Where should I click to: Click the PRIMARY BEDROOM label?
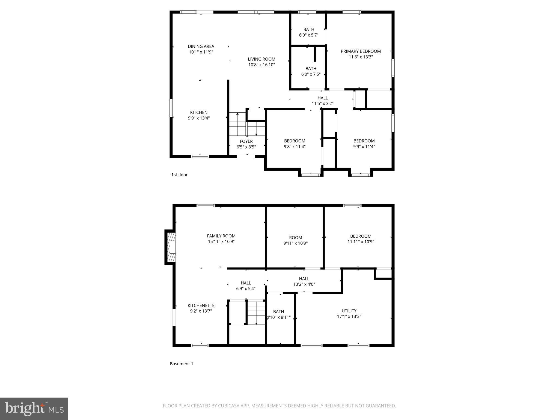(x=361, y=51)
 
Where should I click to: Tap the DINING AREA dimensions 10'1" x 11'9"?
(x=201, y=52)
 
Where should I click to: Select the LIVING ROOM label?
(x=261, y=59)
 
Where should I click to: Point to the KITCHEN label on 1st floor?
(x=199, y=112)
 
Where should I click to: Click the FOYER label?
(x=246, y=141)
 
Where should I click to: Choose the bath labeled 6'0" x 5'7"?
(x=309, y=32)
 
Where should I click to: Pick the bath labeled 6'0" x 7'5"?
(x=311, y=71)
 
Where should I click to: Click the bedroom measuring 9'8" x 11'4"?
(x=295, y=144)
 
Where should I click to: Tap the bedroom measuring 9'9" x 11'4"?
(x=364, y=144)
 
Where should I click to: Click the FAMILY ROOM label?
(x=221, y=236)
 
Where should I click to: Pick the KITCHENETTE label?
(x=201, y=305)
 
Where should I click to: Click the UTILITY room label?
(x=349, y=311)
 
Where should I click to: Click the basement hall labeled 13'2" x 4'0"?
(x=304, y=281)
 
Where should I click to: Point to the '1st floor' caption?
(x=179, y=175)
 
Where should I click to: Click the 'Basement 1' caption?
(x=182, y=364)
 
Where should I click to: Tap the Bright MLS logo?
(x=34, y=409)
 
